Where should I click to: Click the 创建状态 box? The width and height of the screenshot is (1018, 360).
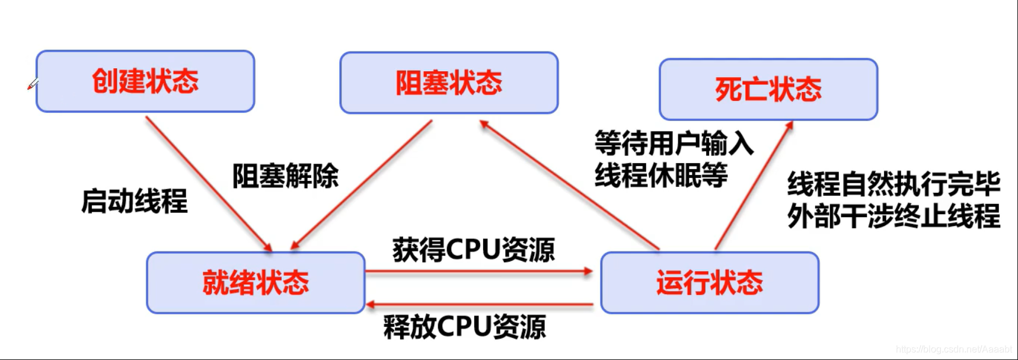click(145, 81)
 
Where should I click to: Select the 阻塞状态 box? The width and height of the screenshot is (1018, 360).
click(449, 82)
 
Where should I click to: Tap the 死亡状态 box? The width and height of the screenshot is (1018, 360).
click(768, 90)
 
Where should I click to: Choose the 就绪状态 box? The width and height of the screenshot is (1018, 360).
click(256, 282)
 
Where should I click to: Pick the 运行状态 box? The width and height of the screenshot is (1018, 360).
click(710, 282)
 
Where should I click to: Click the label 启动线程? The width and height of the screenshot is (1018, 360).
click(135, 200)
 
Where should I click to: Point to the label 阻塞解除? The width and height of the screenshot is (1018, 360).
click(285, 176)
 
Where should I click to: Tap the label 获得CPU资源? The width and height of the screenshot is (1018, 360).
click(473, 250)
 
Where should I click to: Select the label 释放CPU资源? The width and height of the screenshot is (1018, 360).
click(464, 326)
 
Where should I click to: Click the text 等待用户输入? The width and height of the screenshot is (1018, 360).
click(674, 143)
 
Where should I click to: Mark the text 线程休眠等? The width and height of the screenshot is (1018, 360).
click(661, 175)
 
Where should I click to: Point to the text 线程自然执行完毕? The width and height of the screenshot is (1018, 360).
click(893, 184)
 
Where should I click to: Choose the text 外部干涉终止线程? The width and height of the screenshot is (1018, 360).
click(893, 215)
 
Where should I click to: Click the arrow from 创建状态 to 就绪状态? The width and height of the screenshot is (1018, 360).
click(208, 183)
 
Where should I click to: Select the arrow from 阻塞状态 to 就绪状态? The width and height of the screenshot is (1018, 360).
click(362, 184)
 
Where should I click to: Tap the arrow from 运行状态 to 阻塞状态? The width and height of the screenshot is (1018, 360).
click(569, 184)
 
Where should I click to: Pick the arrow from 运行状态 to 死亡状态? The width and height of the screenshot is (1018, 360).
click(754, 186)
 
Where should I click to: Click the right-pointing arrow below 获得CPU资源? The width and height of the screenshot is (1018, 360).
click(479, 272)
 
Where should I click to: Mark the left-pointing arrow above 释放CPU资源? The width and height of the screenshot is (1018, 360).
click(479, 305)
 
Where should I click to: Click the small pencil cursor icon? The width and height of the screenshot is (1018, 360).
click(33, 84)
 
